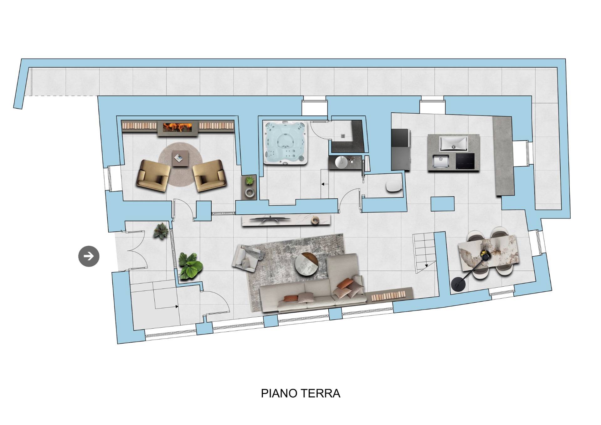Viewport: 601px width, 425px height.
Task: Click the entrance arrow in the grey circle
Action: coord(89,256)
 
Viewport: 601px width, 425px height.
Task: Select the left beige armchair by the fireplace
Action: coord(153,176)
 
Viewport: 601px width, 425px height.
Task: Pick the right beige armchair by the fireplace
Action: coord(209,176)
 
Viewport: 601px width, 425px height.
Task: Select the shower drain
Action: coord(343,136)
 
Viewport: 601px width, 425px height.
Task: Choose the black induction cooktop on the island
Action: coord(465,162)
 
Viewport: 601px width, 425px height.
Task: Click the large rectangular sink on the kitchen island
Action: coord(453,143)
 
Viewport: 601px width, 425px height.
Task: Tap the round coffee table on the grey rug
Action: coord(307,265)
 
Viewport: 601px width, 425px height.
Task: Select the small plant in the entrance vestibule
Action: coord(161,231)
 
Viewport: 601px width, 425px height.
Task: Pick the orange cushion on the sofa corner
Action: coord(344,284)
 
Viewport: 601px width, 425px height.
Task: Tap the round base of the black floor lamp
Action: coord(459,285)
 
